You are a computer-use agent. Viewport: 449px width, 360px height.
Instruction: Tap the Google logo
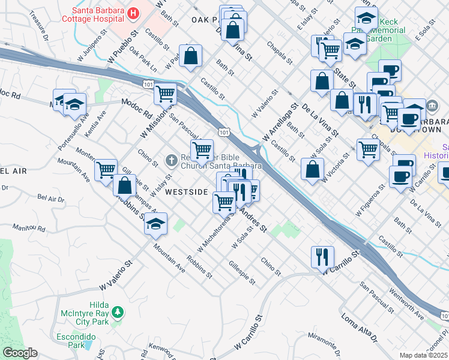coord(19,353)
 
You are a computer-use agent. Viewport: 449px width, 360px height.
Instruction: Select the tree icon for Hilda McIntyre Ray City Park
coord(119,312)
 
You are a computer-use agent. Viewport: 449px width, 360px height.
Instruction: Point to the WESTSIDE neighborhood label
coord(186,193)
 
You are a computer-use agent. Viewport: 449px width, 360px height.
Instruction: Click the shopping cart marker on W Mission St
coord(165,94)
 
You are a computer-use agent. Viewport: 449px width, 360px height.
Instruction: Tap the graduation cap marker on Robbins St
coord(155,224)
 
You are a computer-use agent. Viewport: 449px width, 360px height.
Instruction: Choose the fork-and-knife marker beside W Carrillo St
coord(323,257)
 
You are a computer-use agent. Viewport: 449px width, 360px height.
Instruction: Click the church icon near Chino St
coord(170,160)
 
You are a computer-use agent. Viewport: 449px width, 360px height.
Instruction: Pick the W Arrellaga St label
coord(280,123)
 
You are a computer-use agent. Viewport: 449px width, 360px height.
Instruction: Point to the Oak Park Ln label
coord(143,62)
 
